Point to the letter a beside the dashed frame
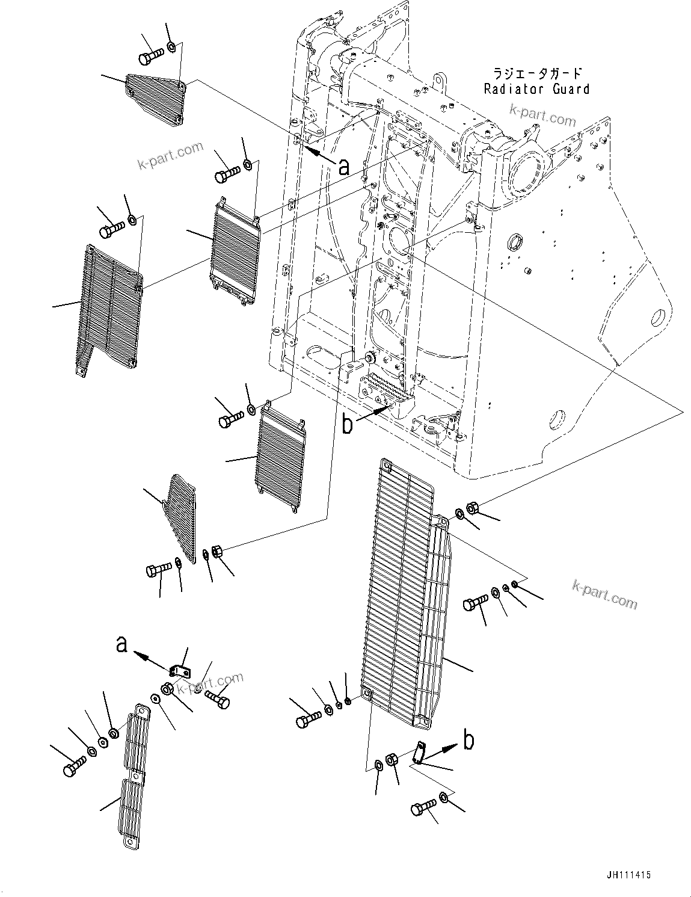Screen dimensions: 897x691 [x=343, y=167]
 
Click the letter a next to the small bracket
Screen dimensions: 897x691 [x=122, y=645]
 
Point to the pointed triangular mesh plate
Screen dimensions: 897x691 [x=181, y=517]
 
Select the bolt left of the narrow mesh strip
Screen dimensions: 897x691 [x=74, y=768]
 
